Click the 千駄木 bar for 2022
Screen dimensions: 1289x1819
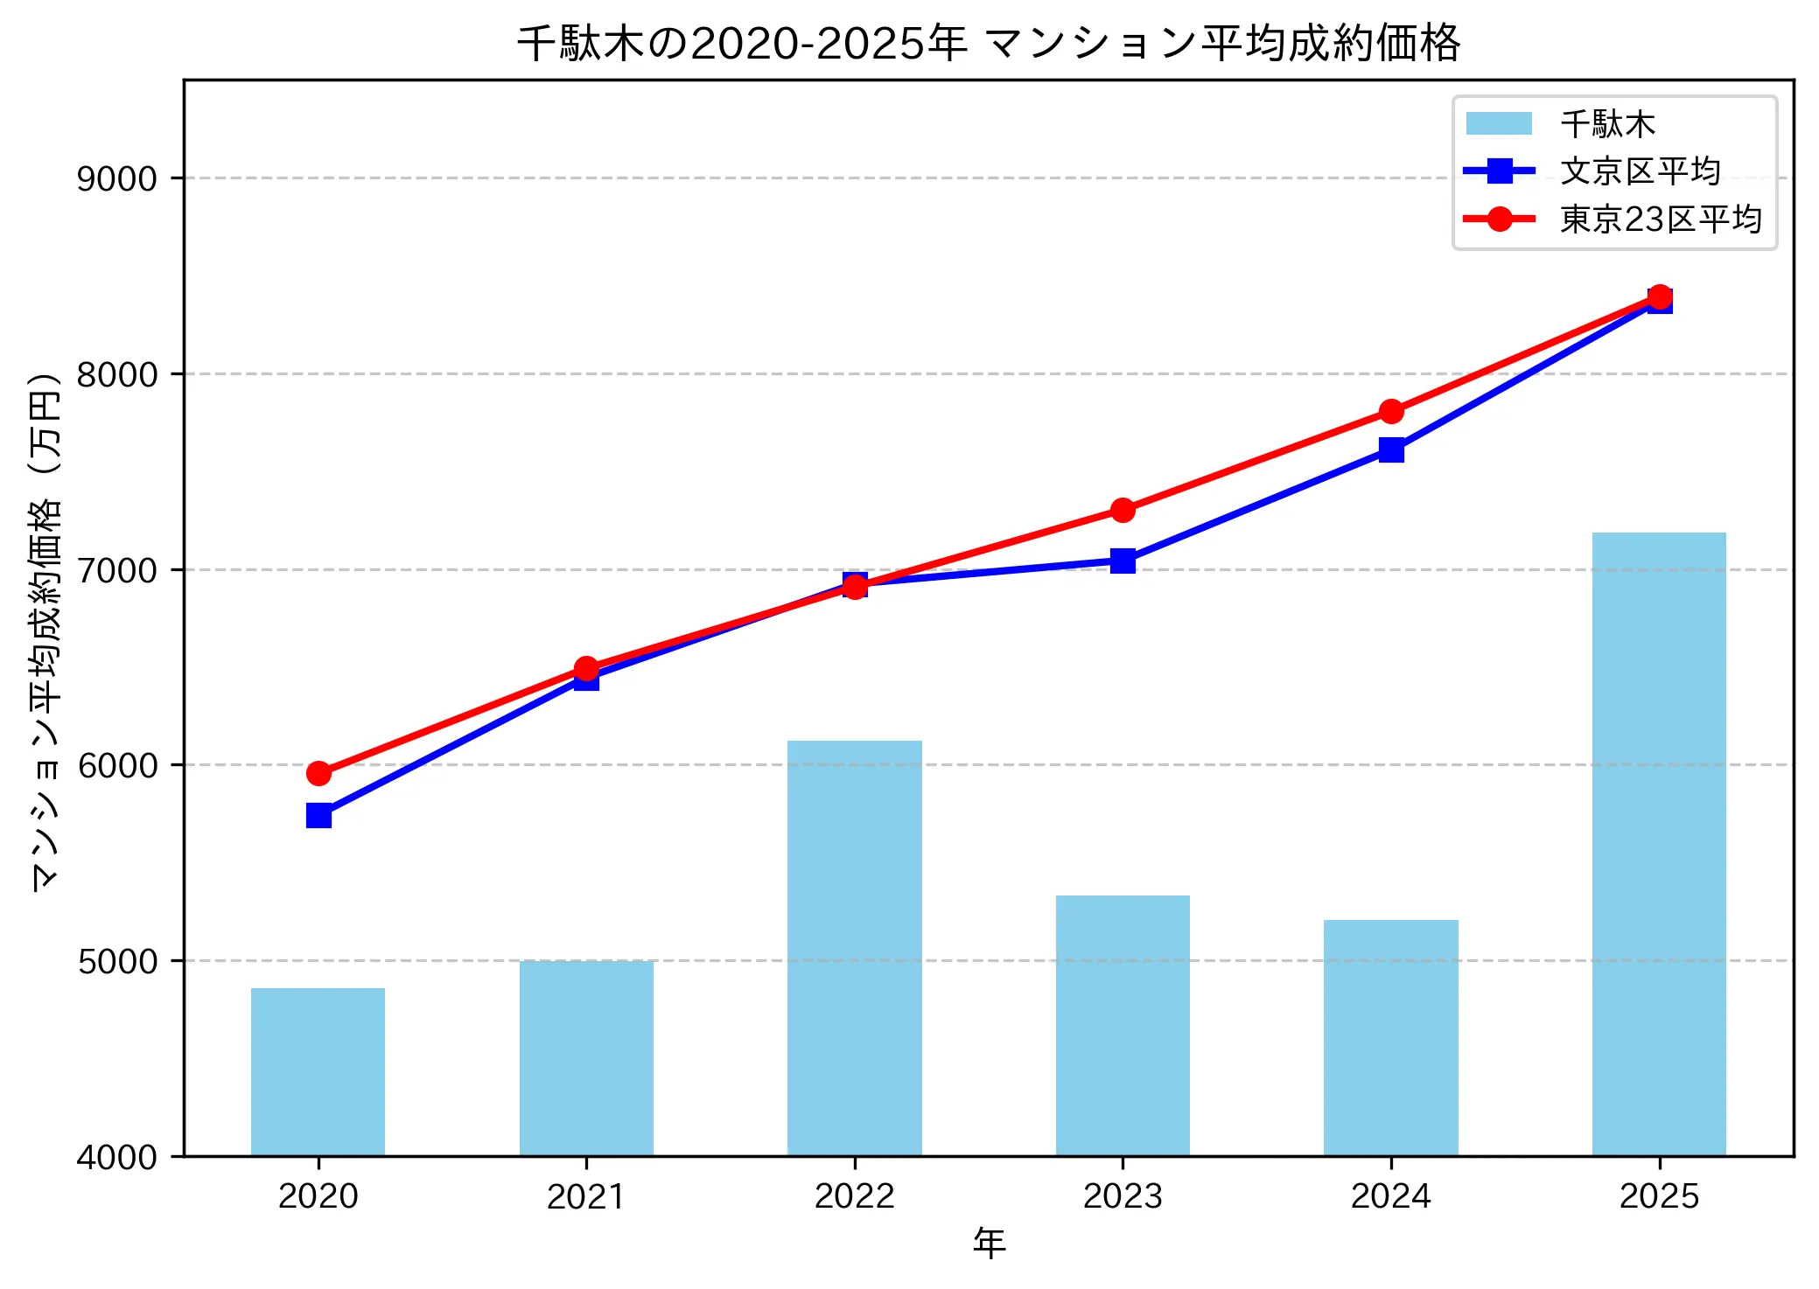click(x=854, y=948)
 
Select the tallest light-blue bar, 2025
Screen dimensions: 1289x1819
click(x=1658, y=844)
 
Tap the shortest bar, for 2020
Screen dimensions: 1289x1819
click(x=318, y=1071)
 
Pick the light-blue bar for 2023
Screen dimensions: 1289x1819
click(x=1122, y=1025)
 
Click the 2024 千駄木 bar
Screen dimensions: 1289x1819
click(x=1390, y=1037)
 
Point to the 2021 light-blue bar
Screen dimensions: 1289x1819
click(x=586, y=1058)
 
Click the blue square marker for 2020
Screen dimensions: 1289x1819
click(x=318, y=816)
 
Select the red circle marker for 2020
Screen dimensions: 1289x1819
click(x=318, y=773)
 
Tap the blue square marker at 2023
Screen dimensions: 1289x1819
click(x=1123, y=561)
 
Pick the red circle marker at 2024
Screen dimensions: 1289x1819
click(x=1391, y=411)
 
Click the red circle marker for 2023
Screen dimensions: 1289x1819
click(x=1123, y=510)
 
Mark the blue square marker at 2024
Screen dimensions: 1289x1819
click(x=1391, y=449)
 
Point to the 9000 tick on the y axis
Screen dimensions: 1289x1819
click(x=117, y=178)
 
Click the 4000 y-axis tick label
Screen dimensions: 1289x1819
click(x=117, y=1157)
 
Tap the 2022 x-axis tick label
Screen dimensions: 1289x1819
click(x=854, y=1195)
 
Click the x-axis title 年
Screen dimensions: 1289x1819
click(x=989, y=1243)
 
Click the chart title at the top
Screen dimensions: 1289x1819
click(x=989, y=42)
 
